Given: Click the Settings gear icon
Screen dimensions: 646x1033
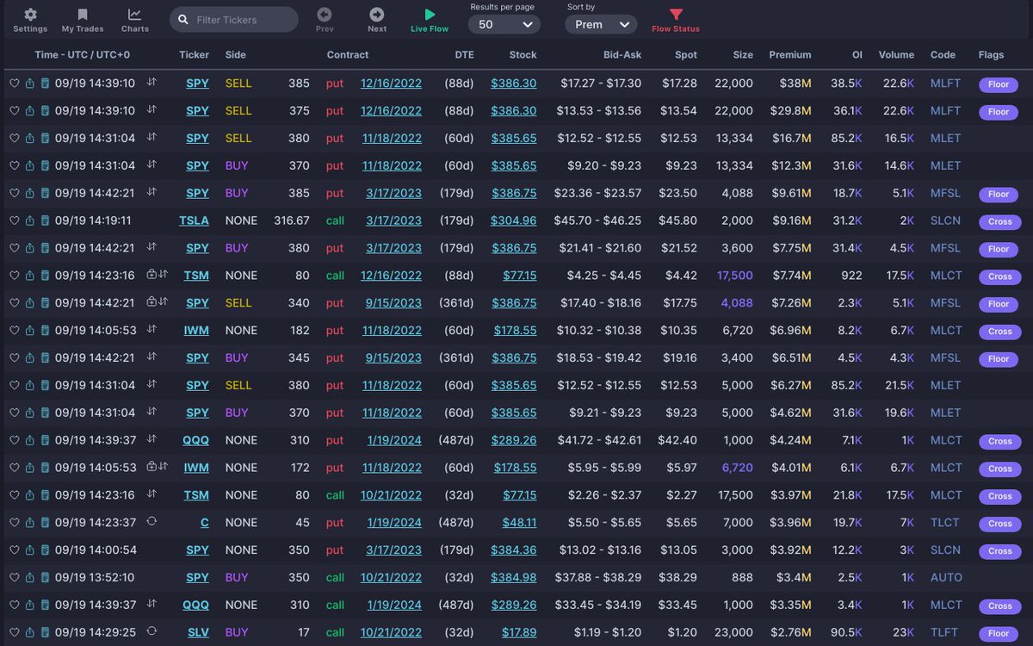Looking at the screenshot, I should click(x=30, y=15).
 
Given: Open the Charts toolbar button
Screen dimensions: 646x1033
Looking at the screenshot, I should click(x=134, y=15).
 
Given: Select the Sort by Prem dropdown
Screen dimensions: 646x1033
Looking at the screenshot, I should click(x=601, y=25).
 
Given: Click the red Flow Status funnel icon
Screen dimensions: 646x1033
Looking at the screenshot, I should click(x=676, y=15).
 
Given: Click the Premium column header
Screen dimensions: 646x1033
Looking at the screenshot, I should click(x=789, y=54).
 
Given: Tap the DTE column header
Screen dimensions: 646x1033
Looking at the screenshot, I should click(x=464, y=54).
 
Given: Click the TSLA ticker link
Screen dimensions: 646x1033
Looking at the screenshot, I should click(x=194, y=221).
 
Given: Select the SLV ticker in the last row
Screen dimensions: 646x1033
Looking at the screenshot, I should click(x=198, y=633).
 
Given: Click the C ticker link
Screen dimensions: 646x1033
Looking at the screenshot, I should click(x=205, y=523).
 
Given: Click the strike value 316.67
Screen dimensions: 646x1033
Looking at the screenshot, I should click(x=291, y=221).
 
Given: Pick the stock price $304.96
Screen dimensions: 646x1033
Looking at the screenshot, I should click(x=513, y=221).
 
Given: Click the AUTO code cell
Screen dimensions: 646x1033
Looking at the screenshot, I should click(x=946, y=578).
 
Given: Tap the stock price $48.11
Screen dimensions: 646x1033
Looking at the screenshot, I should click(x=519, y=523).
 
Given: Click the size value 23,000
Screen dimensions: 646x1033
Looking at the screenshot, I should click(x=733, y=633).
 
